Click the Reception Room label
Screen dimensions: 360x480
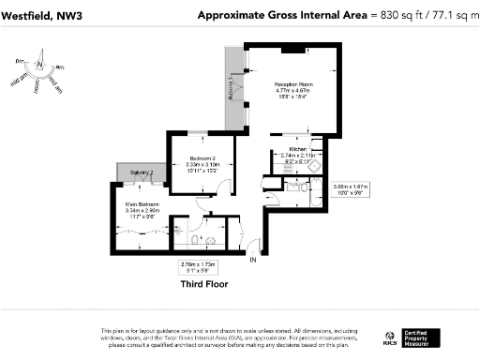[x=292, y=84]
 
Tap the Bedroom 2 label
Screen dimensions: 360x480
[x=202, y=157]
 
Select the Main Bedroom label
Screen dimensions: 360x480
[x=142, y=203]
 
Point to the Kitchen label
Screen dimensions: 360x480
[x=298, y=149]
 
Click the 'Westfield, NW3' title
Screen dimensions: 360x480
[x=40, y=15]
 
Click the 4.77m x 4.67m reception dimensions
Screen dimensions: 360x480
[x=292, y=91]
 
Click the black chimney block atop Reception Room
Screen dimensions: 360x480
[x=292, y=49]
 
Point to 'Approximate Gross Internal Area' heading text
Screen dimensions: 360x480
[x=282, y=15]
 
